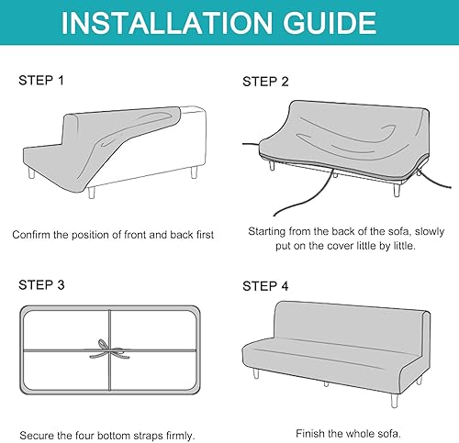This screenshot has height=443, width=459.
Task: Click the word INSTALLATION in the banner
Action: [167, 23]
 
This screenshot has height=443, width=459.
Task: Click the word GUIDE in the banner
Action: [330, 23]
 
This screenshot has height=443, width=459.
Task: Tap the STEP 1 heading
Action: [41, 81]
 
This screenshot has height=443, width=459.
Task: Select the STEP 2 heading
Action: [265, 82]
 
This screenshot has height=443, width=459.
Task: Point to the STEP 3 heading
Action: [41, 285]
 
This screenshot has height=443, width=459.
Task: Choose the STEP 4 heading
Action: [265, 286]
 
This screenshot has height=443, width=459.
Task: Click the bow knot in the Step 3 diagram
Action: [110, 349]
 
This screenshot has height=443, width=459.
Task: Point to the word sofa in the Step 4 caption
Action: [389, 434]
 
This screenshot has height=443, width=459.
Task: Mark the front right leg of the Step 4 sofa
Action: [395, 401]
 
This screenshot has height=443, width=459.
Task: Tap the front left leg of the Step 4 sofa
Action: [256, 373]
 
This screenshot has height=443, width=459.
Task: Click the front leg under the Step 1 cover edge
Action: [92, 193]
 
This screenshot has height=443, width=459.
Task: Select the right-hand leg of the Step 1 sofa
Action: [194, 172]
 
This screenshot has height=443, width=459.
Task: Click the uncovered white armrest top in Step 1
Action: [192, 110]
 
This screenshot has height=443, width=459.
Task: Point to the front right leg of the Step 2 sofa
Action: [397, 190]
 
